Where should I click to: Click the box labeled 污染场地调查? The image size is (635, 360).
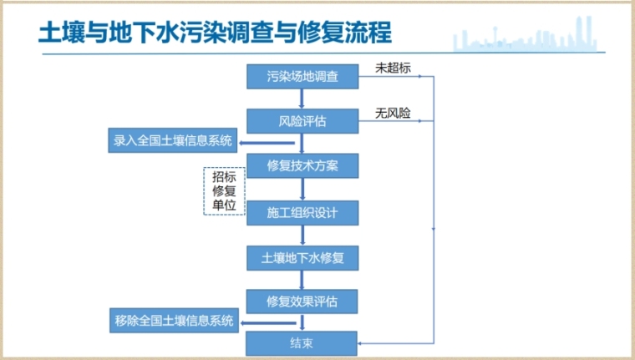click(x=302, y=77)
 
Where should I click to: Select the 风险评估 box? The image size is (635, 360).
click(x=302, y=121)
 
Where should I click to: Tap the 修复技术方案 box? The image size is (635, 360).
click(x=302, y=165)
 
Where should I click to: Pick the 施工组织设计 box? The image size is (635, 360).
click(x=302, y=212)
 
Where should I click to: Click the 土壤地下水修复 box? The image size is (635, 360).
click(x=302, y=258)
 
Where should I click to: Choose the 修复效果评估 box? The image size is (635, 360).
click(x=302, y=301)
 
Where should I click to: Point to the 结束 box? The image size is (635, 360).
click(x=302, y=342)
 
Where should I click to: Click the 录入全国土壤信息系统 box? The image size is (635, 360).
click(x=174, y=139)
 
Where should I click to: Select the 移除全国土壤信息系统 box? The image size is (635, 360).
click(x=174, y=320)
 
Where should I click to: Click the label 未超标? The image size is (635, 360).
click(x=393, y=67)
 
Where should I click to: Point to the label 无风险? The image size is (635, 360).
click(x=393, y=113)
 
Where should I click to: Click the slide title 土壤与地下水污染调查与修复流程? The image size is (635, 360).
click(x=215, y=33)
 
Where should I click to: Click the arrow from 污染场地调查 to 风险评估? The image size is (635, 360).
click(x=302, y=99)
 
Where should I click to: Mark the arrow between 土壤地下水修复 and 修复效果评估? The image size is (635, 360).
click(x=302, y=279)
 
